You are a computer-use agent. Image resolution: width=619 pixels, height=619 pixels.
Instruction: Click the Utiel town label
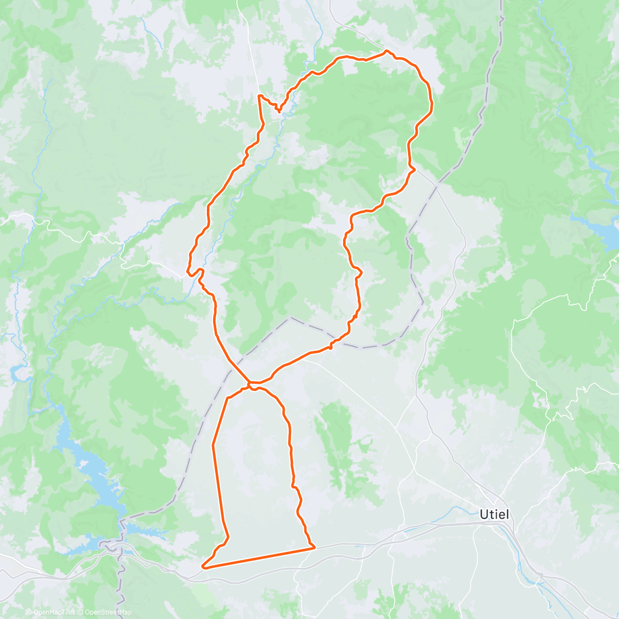pyautogui.click(x=494, y=514)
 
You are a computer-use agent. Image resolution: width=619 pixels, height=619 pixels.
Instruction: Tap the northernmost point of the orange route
pyautogui.click(x=386, y=51)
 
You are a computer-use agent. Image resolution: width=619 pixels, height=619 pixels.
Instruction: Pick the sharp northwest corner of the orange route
pyautogui.click(x=259, y=95)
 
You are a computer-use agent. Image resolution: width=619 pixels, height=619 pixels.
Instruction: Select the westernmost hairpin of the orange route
pyautogui.click(x=188, y=269)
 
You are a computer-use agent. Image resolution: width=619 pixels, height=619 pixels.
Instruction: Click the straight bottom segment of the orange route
pyautogui.click(x=258, y=558)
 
